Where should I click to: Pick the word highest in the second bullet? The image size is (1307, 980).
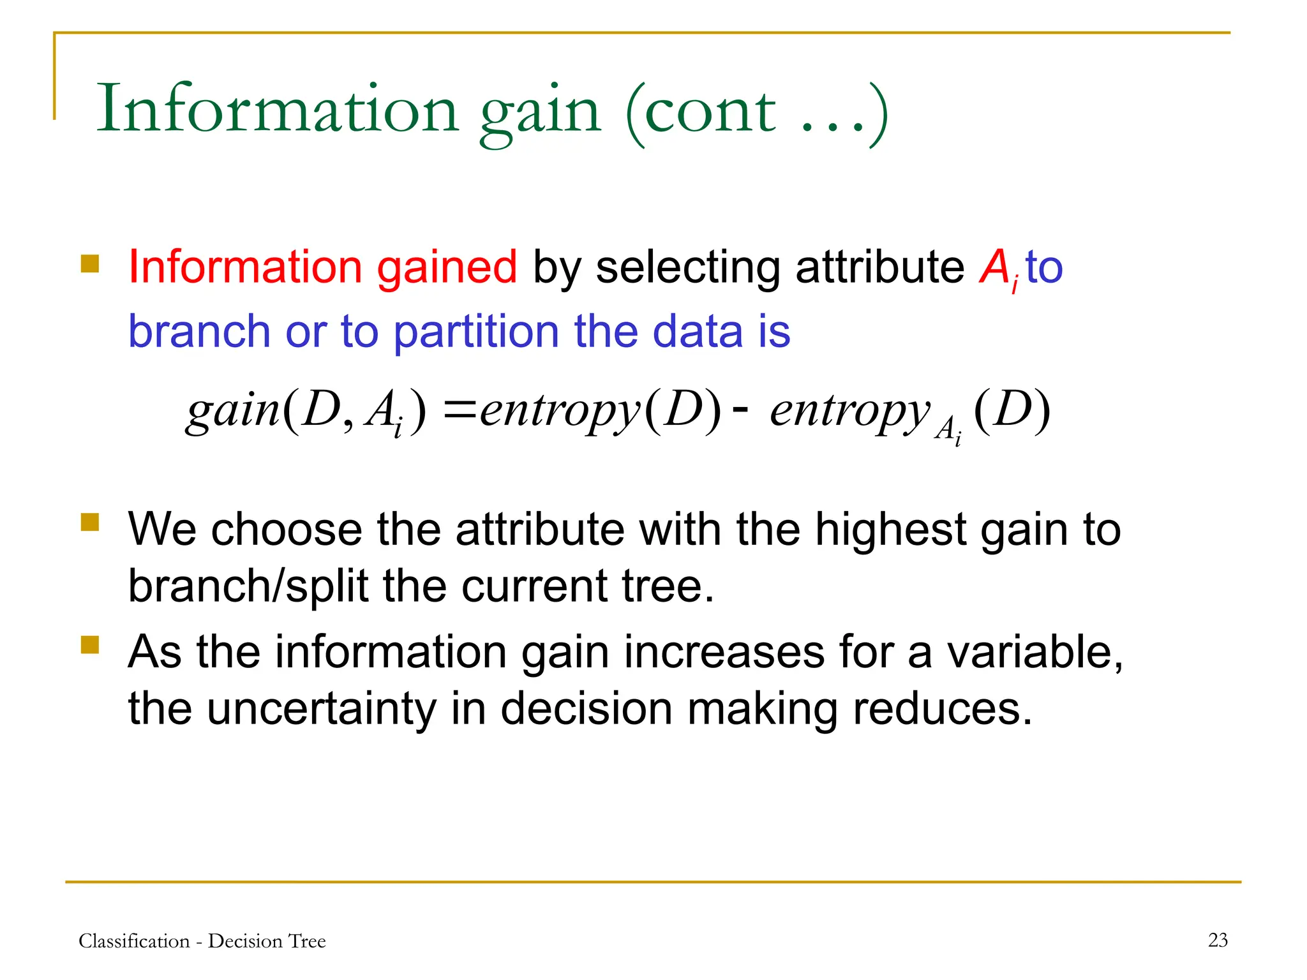[x=890, y=531]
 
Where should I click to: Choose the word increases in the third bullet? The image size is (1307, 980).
[x=724, y=653]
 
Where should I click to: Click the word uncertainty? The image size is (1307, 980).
[x=322, y=710]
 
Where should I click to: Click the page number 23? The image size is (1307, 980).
[x=1218, y=940]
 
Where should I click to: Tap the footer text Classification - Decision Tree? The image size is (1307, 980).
[x=202, y=941]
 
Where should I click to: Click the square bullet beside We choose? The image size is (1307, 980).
[x=90, y=523]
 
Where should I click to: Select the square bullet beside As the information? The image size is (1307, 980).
[x=90, y=645]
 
